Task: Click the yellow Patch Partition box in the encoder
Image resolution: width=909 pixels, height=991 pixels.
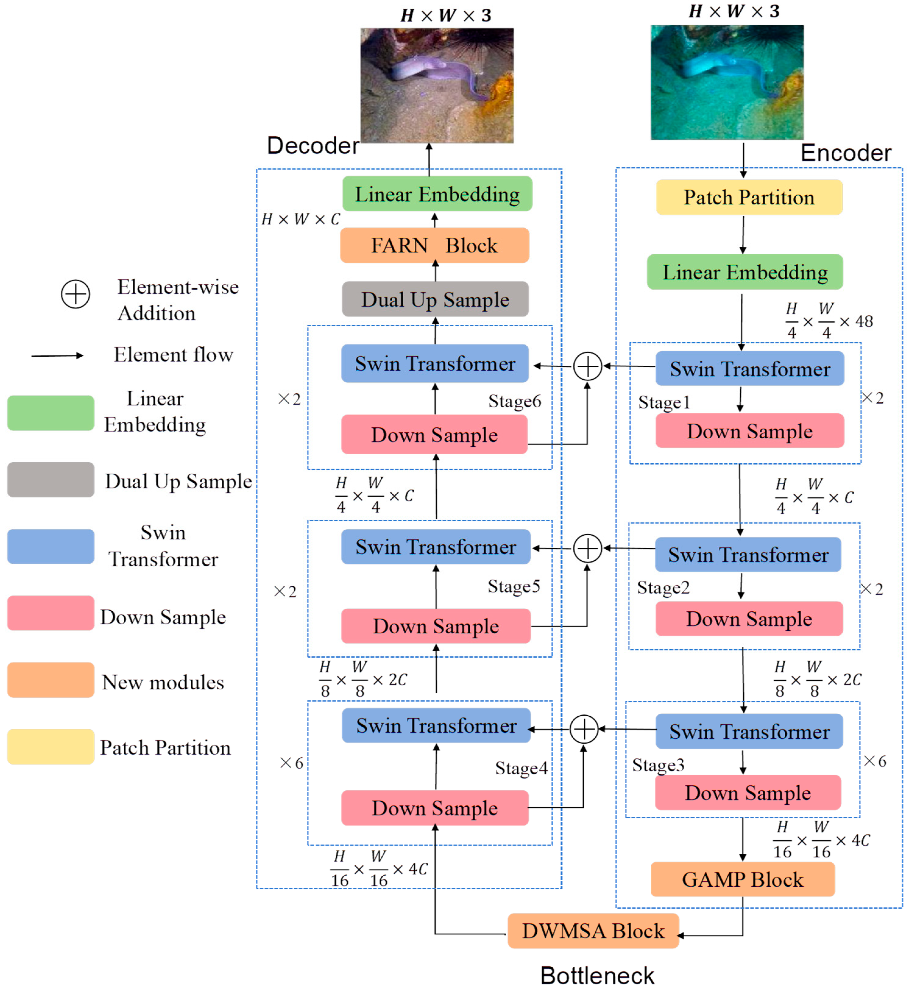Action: (749, 197)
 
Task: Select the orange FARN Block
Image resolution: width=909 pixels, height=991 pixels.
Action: (434, 245)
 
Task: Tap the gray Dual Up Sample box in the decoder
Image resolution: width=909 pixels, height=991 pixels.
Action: (435, 299)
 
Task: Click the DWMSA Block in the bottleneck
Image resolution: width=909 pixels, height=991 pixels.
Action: (593, 931)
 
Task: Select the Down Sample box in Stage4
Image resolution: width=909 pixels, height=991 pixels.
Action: (434, 808)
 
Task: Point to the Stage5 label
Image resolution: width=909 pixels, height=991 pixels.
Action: (513, 586)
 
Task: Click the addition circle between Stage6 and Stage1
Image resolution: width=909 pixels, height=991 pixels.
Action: (587, 366)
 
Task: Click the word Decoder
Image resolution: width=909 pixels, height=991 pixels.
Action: (313, 146)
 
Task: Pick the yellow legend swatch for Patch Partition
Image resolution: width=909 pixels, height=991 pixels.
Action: (51, 747)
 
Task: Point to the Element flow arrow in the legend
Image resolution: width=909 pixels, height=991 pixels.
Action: (57, 355)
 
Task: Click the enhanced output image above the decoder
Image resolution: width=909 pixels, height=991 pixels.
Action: (436, 86)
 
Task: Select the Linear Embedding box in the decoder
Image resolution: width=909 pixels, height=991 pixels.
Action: (437, 194)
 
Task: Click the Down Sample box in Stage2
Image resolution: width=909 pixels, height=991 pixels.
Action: (749, 619)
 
